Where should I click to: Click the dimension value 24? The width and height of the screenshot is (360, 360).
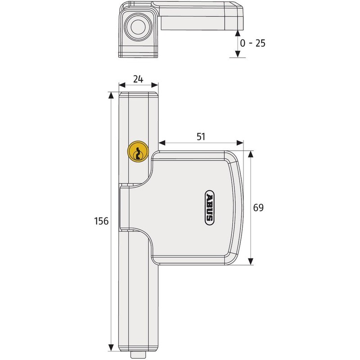point(138,79)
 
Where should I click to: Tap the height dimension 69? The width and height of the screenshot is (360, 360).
point(258,208)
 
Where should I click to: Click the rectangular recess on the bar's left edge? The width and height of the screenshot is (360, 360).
point(124,209)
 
